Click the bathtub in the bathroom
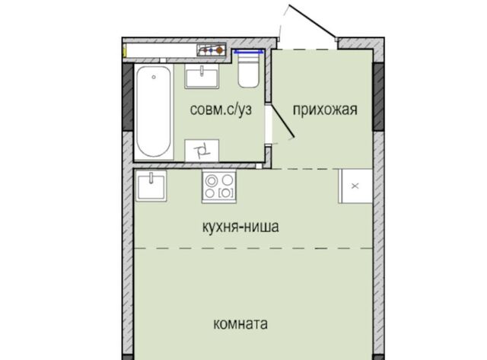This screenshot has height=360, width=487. click(154, 112)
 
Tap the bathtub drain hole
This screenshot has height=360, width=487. click(154, 77)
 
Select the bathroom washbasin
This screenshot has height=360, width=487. click(202, 76)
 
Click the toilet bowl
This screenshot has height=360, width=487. click(248, 70)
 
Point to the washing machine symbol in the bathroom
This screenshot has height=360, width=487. click(202, 151)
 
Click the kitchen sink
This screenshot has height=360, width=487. click(151, 186)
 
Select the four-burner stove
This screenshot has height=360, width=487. click(219, 186)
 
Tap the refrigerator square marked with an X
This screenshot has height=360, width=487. click(355, 186)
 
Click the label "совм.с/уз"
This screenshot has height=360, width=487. click(221, 110)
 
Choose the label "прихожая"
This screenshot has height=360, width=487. click(325, 110)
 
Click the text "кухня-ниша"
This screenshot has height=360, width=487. click(240, 227)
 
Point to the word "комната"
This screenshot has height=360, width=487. click(240, 323)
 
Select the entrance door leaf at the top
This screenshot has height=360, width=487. click(313, 21)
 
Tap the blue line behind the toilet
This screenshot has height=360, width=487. click(249, 53)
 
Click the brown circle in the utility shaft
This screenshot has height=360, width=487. click(220, 49)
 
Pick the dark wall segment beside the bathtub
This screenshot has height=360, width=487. click(128, 97)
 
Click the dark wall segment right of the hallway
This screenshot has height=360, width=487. click(378, 97)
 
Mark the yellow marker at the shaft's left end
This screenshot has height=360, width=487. click(125, 50)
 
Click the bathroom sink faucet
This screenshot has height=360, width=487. click(202, 71)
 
